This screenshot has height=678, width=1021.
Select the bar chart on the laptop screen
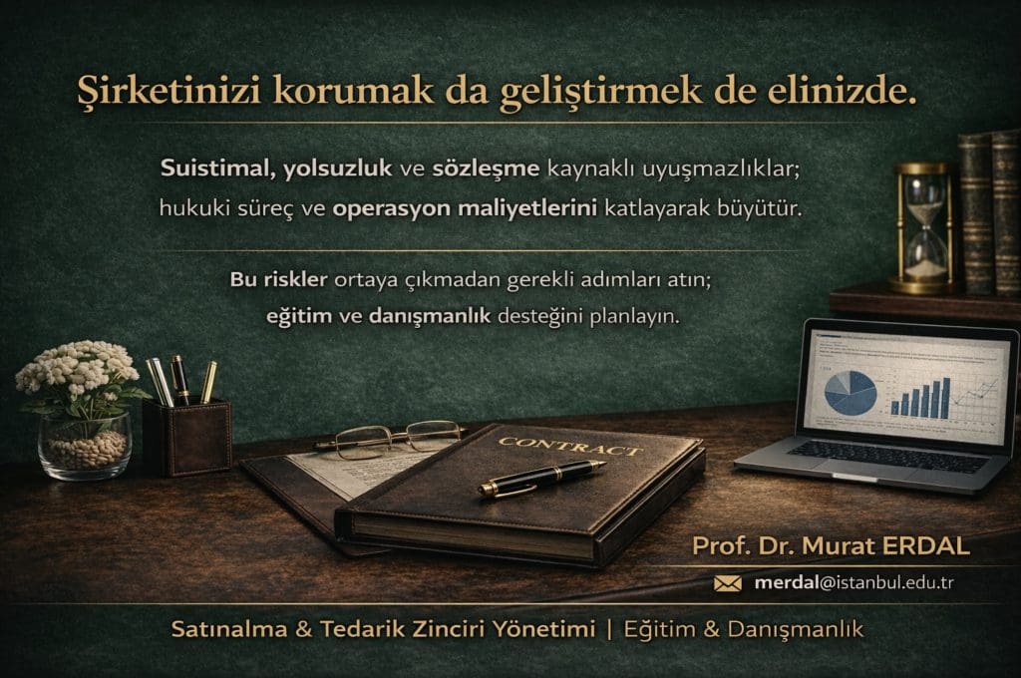pos(918,397)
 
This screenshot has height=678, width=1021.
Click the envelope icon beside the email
pos(728,583)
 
